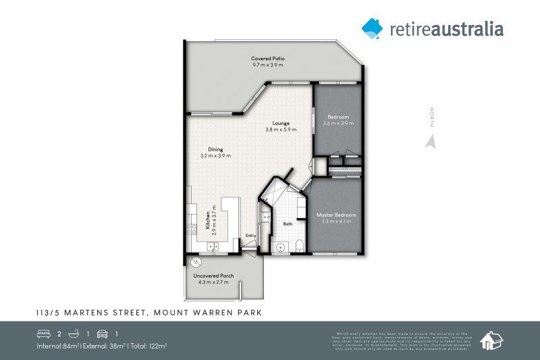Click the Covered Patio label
click(268, 59)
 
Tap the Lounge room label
click(277, 124)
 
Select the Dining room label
click(215, 149)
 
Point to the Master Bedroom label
click(335, 215)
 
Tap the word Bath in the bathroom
click(288, 224)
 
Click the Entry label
click(250, 235)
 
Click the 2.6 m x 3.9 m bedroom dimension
click(338, 124)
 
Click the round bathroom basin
click(280, 245)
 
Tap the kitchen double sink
click(214, 247)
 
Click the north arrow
click(430, 141)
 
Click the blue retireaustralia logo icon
click(372, 28)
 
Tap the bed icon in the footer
click(44, 334)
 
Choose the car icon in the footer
click(102, 334)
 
